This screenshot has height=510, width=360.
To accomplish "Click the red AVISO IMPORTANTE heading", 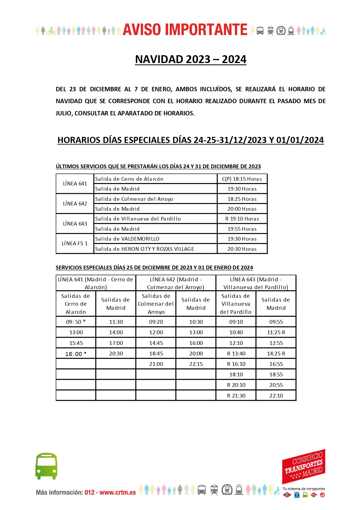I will pyautogui.click(x=185, y=30).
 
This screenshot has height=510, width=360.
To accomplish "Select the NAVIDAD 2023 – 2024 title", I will pyautogui.click(x=190, y=59).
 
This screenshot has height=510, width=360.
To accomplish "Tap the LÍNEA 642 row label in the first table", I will pyautogui.click(x=75, y=204).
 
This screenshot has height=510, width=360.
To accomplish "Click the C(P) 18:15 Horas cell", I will pyautogui.click(x=242, y=179).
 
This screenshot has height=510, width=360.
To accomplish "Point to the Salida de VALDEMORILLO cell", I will pyautogui.click(x=127, y=239).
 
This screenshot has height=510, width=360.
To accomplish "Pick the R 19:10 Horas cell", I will pyautogui.click(x=242, y=219).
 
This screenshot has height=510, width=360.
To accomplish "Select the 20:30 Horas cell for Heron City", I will pyautogui.click(x=242, y=249).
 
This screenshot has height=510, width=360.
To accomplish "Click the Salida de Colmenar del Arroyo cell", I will pyautogui.click(x=134, y=199).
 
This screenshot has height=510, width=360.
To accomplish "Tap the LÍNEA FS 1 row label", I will pyautogui.click(x=75, y=244).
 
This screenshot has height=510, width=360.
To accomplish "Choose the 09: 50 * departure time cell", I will pyautogui.click(x=76, y=322).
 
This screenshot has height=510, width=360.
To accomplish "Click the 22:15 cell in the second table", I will pyautogui.click(x=196, y=364).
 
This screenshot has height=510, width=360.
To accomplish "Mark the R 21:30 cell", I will pyautogui.click(x=236, y=396).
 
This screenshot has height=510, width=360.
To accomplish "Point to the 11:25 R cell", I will pyautogui.click(x=276, y=332).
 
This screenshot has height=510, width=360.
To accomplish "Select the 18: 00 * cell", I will pyautogui.click(x=76, y=354).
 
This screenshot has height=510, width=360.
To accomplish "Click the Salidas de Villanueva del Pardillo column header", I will pyautogui.click(x=236, y=304).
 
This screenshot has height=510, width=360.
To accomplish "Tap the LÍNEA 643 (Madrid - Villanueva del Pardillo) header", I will pyautogui.click(x=255, y=283).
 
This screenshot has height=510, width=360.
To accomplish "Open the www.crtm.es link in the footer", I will pyautogui.click(x=118, y=493).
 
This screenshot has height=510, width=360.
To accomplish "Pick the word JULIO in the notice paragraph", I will pyautogui.click(x=63, y=113).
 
